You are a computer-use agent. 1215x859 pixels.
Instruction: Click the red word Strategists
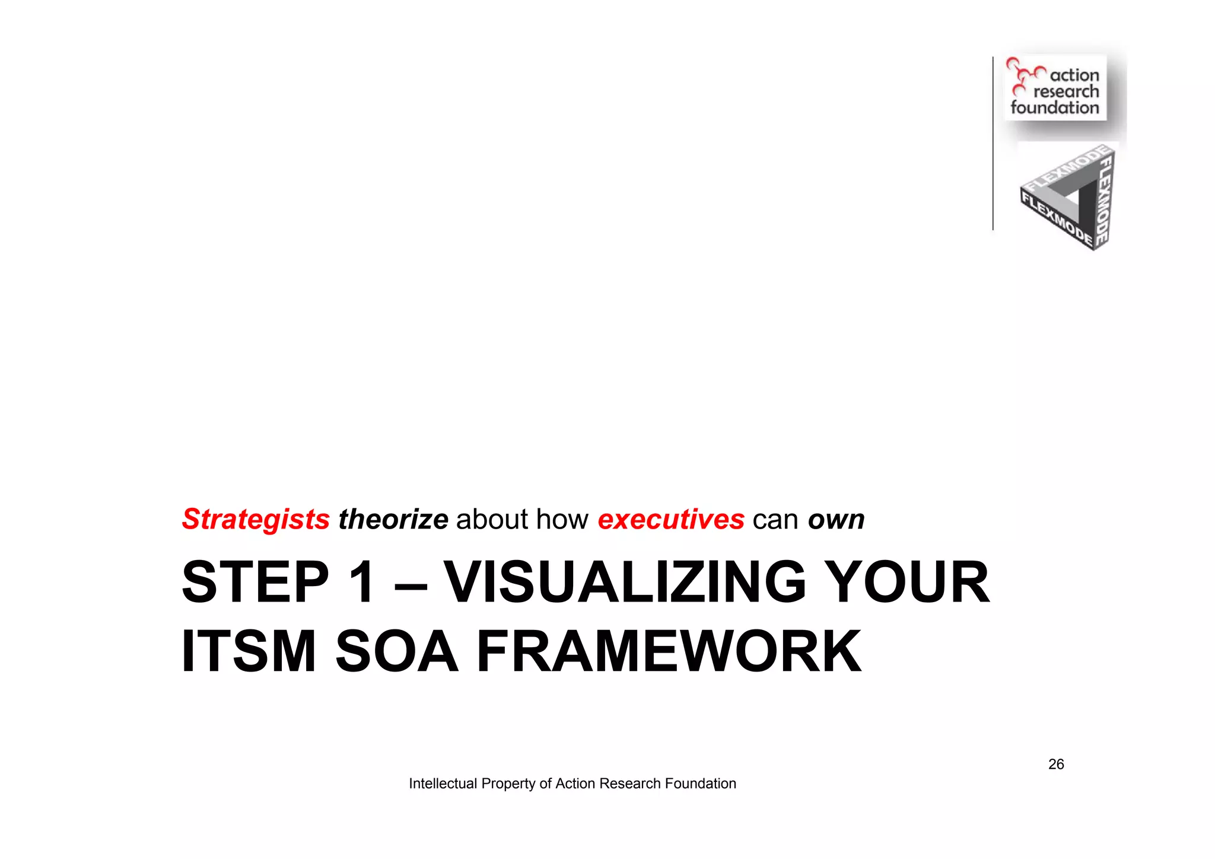click(x=256, y=520)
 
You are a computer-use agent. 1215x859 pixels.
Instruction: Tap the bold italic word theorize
click(x=393, y=520)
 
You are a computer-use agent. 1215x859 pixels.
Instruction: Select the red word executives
click(x=670, y=520)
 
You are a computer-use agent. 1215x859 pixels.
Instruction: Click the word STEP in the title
click(x=255, y=583)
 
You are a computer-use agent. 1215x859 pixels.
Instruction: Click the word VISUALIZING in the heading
click(x=625, y=583)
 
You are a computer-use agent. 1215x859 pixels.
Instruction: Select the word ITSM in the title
click(x=249, y=651)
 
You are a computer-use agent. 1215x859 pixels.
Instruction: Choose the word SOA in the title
click(x=397, y=651)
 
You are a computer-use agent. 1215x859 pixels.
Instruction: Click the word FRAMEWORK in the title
click(x=669, y=651)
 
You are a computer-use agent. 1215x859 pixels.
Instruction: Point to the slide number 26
click(x=1056, y=764)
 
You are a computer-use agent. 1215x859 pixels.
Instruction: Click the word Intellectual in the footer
click(x=443, y=784)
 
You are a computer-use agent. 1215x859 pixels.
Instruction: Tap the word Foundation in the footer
click(x=701, y=784)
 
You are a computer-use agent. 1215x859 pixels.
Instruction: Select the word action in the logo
click(x=1074, y=75)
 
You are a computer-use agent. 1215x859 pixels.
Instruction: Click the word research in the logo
click(x=1066, y=91)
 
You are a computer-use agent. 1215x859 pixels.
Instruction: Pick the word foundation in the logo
click(x=1055, y=107)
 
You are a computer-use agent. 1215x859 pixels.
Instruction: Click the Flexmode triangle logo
click(x=1068, y=199)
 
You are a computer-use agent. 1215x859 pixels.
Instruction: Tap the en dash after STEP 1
click(x=410, y=584)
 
